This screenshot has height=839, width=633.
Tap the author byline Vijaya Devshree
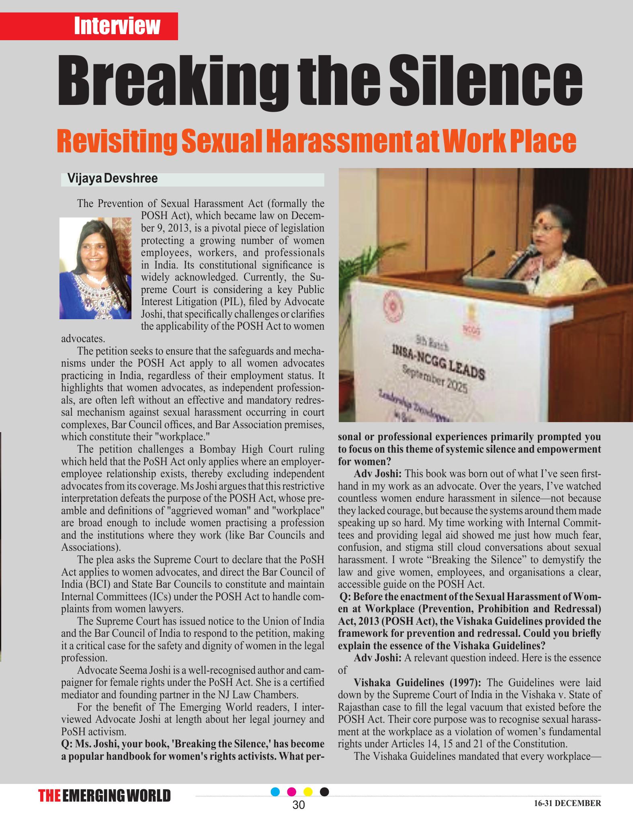113,178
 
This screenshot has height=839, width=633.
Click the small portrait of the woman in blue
95,268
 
